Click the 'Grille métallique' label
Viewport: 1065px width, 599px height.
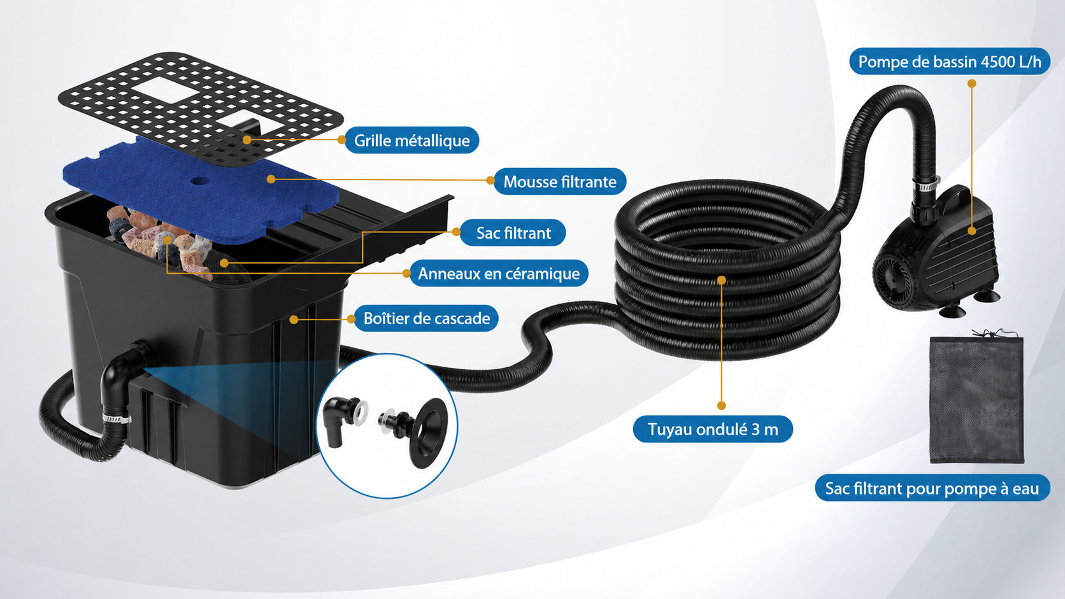(x=411, y=140)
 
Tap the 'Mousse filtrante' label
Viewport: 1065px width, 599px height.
(x=560, y=181)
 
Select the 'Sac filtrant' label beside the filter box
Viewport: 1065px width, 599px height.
(x=513, y=233)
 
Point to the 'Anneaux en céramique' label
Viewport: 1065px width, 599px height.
(x=499, y=273)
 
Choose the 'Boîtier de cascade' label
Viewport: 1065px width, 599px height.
(x=427, y=318)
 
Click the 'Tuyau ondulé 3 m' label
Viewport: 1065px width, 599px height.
(x=713, y=430)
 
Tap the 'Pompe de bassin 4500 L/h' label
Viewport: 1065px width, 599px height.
(x=950, y=61)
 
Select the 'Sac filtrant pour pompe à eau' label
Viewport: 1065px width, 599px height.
(x=933, y=488)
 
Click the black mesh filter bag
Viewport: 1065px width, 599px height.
(x=976, y=399)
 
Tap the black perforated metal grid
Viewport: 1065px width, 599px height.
(x=200, y=107)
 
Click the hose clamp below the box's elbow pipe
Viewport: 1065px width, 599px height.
(x=117, y=418)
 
